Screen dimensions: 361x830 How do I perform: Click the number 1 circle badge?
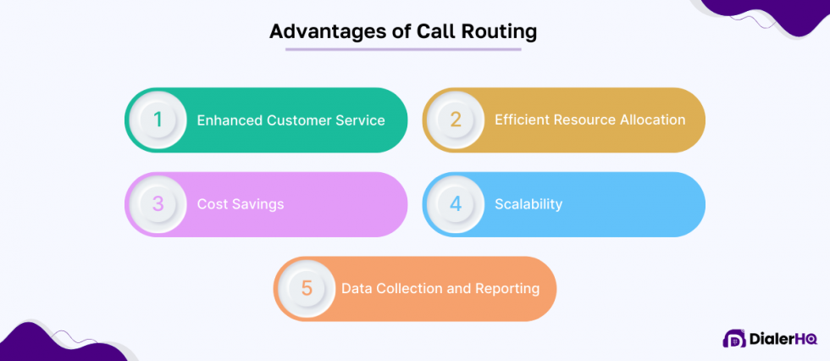(x=158, y=120)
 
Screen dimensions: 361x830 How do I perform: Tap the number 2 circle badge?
(x=456, y=120)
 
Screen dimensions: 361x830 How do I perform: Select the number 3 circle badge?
(x=158, y=204)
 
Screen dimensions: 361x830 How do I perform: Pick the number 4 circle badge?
(x=456, y=204)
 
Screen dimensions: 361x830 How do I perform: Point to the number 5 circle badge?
(x=307, y=288)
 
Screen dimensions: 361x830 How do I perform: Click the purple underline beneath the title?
(x=403, y=49)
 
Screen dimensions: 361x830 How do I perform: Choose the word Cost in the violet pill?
(x=212, y=204)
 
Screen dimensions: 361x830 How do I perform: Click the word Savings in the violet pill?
(x=257, y=204)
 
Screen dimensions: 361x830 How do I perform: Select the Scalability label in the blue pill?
(x=528, y=204)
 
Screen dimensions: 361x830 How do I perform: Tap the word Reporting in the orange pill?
(x=507, y=288)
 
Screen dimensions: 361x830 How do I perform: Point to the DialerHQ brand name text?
(x=783, y=339)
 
